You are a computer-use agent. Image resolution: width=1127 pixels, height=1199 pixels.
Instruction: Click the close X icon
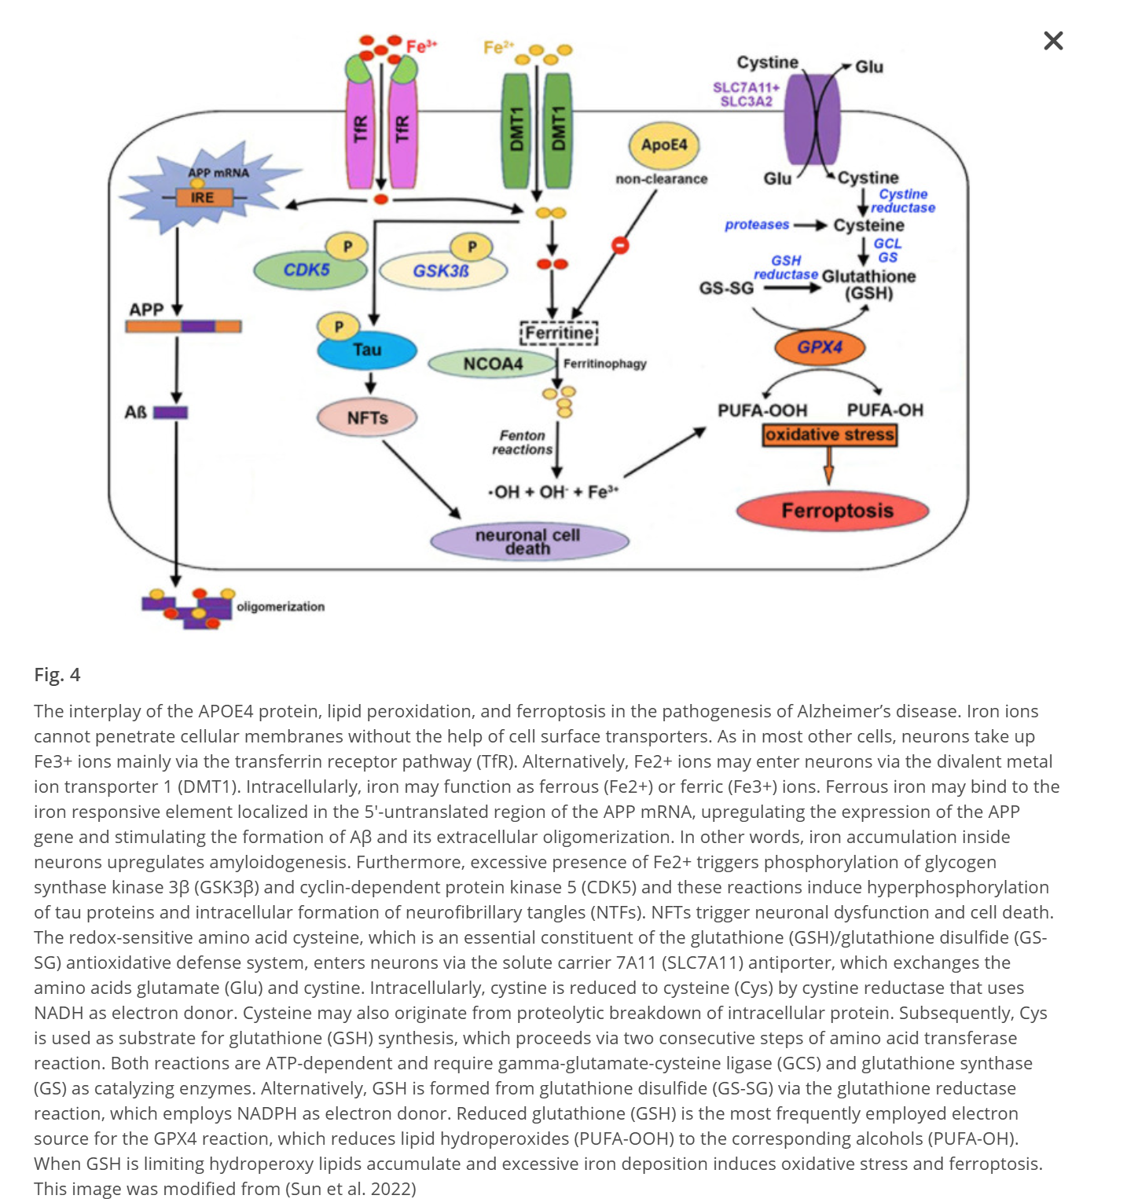[x=1053, y=41]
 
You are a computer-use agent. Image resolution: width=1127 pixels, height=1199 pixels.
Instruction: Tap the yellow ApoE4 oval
[x=664, y=145]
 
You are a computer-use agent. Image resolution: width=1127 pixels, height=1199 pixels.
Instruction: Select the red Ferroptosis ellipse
[x=833, y=511]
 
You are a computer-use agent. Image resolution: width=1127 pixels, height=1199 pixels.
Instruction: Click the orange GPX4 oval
[x=820, y=347]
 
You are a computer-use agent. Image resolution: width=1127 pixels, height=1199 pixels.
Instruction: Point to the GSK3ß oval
[x=442, y=271]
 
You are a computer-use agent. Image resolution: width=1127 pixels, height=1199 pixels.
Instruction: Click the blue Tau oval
[x=367, y=350]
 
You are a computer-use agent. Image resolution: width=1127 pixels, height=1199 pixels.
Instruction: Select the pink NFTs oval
[x=367, y=418]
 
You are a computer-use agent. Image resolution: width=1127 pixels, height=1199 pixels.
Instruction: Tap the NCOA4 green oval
[x=493, y=364]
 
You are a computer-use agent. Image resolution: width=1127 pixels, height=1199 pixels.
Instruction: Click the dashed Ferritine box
[x=559, y=333]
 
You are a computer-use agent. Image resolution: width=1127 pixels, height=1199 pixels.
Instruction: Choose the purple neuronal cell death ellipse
[x=529, y=541]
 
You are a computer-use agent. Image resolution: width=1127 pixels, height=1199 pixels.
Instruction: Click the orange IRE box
[x=202, y=198]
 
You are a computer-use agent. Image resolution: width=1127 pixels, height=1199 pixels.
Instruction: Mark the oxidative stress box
[x=830, y=434]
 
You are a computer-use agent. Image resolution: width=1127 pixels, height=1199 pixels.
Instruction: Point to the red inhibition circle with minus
[x=620, y=246]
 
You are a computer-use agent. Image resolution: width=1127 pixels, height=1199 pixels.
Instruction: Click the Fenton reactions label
[x=523, y=442]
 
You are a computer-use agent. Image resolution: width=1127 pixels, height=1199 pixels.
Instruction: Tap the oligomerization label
[x=281, y=607]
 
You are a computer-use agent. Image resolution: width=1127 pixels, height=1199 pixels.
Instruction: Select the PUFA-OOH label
[x=762, y=410]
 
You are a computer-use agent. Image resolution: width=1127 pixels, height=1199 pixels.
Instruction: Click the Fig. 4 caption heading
[x=57, y=675]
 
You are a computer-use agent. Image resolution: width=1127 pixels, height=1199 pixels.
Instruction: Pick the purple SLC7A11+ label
[x=745, y=87]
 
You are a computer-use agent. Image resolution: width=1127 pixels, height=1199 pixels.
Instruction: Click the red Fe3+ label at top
[x=421, y=47]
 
